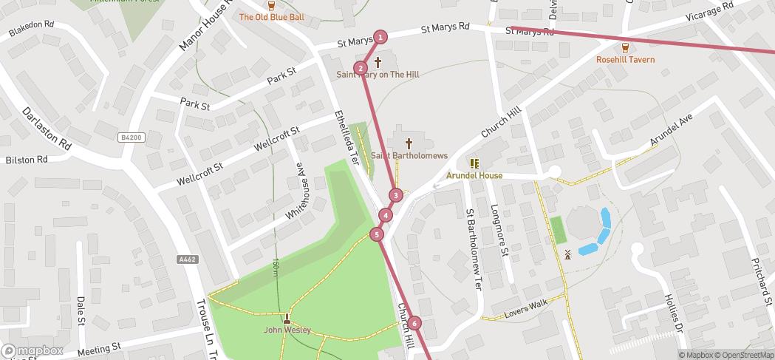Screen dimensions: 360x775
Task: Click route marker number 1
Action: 380,37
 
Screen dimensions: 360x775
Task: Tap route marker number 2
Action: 361,69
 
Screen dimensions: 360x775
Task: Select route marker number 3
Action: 396,195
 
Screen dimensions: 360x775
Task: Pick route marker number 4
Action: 386,215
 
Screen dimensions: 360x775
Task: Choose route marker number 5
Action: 377,235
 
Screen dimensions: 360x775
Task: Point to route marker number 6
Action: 414,323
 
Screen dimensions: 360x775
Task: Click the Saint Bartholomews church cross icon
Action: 409,142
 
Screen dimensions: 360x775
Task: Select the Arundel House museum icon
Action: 474,163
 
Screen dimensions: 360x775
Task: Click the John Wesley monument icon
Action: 287,319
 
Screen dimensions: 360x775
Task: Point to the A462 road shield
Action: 188,259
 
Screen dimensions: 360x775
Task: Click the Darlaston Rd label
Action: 46,129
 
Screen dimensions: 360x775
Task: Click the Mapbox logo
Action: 32,351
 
